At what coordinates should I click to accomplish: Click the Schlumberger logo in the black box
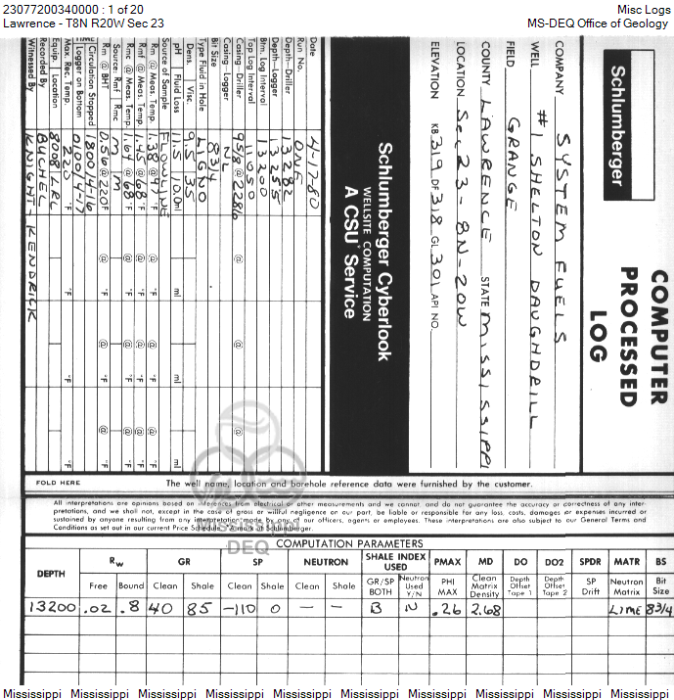click(618, 124)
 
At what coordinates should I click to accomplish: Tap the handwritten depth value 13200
click(53, 607)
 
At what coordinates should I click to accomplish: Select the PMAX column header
click(447, 563)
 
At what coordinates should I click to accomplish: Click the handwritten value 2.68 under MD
click(484, 608)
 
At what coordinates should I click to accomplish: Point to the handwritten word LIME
click(625, 608)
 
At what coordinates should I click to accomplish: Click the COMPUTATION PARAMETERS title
click(349, 543)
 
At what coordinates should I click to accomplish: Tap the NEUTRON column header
click(326, 563)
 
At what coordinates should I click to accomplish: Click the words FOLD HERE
click(58, 483)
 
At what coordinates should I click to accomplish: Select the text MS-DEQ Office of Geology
click(598, 23)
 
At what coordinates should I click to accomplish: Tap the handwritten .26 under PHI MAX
click(447, 608)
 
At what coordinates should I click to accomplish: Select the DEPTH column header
click(51, 574)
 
